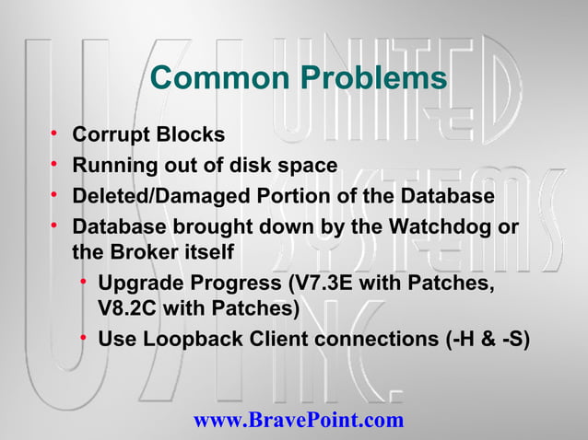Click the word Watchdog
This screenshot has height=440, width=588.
(430, 226)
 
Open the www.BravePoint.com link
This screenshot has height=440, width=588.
(299, 421)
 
